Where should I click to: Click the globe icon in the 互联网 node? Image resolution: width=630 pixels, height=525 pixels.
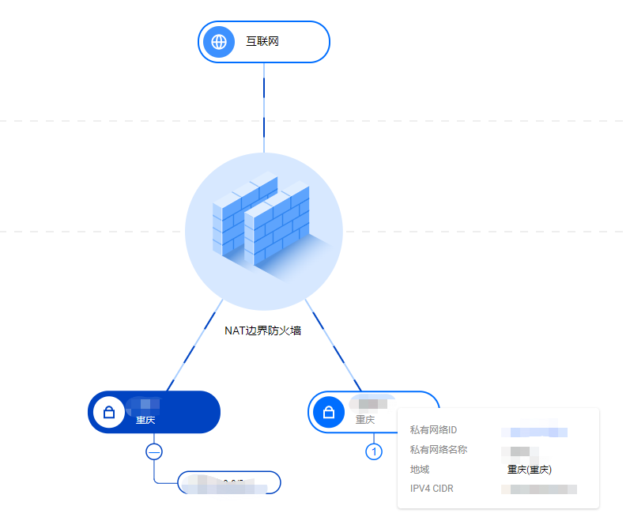pos(219,42)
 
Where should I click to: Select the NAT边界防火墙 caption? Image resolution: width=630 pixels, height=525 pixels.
pos(263,330)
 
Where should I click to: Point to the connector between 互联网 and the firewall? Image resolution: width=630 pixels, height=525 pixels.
pos(264,107)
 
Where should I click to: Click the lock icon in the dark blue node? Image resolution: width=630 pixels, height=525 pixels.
pos(109,412)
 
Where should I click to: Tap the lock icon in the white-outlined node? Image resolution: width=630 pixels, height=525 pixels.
pos(329,412)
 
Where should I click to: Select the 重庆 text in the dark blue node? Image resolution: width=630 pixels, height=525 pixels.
pos(145,421)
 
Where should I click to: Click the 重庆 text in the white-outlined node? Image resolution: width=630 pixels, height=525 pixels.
pos(365,421)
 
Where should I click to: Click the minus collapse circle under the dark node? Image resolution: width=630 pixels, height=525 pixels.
pos(154,451)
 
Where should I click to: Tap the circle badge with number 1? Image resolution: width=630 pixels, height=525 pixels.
pos(374,451)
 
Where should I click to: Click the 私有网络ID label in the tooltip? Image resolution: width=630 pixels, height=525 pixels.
pos(433,431)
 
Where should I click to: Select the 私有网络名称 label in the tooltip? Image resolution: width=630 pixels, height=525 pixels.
pos(439,450)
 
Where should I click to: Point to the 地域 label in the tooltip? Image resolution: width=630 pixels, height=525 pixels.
pos(420,470)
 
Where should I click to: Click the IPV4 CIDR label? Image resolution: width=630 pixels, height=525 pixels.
pos(432,489)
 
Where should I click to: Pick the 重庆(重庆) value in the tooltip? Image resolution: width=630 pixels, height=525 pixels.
pos(529,470)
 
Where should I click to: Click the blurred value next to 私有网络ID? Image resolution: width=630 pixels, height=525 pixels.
pos(534,432)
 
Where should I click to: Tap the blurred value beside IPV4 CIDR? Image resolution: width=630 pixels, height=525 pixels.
pos(540,489)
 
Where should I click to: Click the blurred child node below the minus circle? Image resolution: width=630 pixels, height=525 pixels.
pos(229,483)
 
